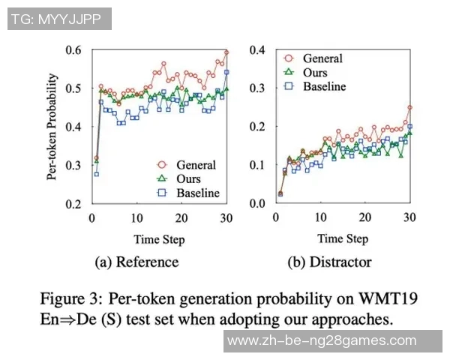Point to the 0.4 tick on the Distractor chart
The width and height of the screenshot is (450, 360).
click(256, 49)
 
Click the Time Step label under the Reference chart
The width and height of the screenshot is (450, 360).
click(159, 239)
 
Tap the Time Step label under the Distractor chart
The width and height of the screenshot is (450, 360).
click(343, 239)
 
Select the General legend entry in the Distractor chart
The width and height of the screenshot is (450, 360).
click(322, 58)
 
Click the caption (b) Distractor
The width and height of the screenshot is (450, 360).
click(330, 262)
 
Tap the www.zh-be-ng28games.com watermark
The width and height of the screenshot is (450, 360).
click(321, 340)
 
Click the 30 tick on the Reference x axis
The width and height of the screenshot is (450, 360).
click(225, 217)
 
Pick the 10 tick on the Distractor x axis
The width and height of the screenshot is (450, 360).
click(321, 217)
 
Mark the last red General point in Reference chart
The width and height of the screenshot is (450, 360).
click(226, 53)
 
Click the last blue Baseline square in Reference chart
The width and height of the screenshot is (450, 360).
click(226, 73)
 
